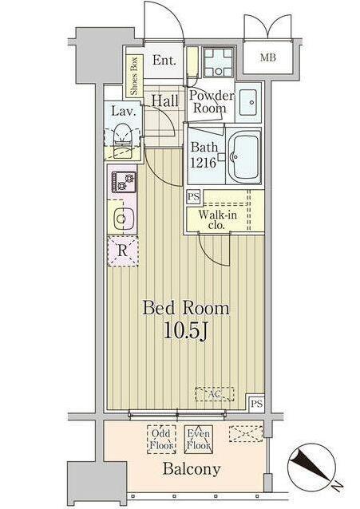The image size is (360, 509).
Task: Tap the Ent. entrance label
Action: pyautogui.click(x=164, y=60)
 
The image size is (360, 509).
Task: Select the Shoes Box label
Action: pyautogui.click(x=133, y=74)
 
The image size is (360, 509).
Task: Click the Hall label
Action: pyautogui.click(x=164, y=101)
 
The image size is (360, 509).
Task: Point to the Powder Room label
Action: pyautogui.click(x=212, y=102)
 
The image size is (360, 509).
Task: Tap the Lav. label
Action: pyautogui.click(x=121, y=112)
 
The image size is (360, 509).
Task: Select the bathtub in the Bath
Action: pyautogui.click(x=247, y=157)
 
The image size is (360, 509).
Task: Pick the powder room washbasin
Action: pyautogui.click(x=248, y=102)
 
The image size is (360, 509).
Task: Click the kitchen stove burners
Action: pyautogui.click(x=123, y=183)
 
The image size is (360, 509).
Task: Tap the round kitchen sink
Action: pyautogui.click(x=122, y=216)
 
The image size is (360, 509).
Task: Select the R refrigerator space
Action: pyautogui.click(x=122, y=251)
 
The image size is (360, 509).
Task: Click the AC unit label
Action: pyautogui.click(x=214, y=394)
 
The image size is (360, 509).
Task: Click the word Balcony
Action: pyautogui.click(x=192, y=469)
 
